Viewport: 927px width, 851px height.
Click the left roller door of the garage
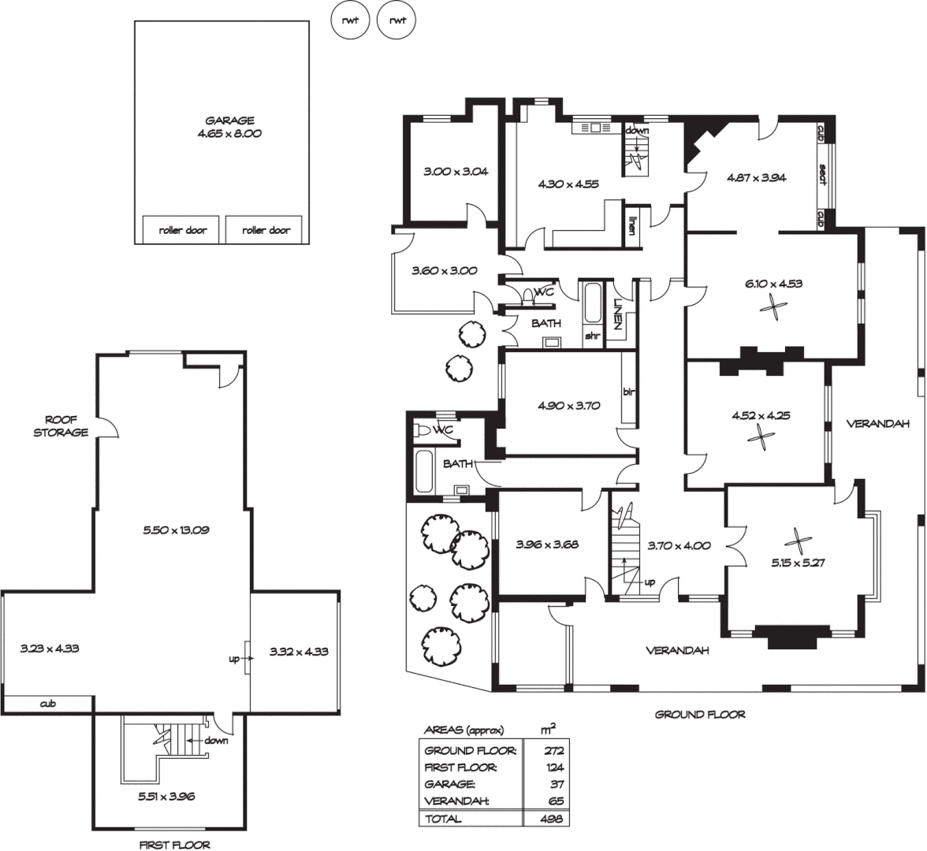coord(182,230)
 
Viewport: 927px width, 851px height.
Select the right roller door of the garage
coord(266,230)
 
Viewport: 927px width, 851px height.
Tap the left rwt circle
coord(350,20)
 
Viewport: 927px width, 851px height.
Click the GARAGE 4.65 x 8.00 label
coord(229,127)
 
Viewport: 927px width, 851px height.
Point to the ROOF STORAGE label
coord(61,426)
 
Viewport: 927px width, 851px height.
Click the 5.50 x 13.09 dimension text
coord(176,530)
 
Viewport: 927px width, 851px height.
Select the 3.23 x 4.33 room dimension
coord(50,650)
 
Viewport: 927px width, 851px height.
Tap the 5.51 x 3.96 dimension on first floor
coord(166,797)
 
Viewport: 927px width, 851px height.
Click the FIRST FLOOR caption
coord(175,845)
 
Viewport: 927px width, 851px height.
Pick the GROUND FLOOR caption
coord(700,715)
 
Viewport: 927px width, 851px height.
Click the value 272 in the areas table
coord(554,750)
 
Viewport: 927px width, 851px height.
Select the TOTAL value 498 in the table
coord(553,819)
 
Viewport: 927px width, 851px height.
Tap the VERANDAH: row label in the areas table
coord(456,801)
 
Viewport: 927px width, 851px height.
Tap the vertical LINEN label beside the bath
coord(620,314)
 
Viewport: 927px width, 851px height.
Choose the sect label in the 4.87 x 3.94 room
coord(821,174)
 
